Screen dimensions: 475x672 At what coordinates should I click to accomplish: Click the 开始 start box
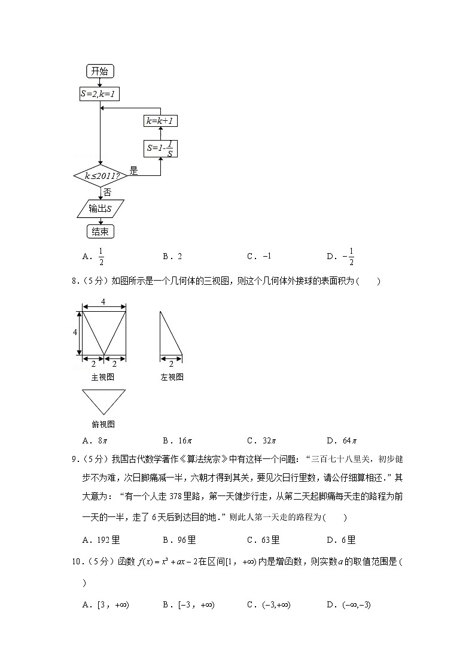pyautogui.click(x=100, y=71)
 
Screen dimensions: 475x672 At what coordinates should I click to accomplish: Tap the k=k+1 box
pyautogui.click(x=160, y=121)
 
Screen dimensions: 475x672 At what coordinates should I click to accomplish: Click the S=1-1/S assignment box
pyautogui.click(x=160, y=149)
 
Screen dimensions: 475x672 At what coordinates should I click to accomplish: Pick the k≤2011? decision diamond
pyautogui.click(x=100, y=176)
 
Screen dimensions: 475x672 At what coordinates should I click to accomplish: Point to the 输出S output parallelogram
pyautogui.click(x=100, y=208)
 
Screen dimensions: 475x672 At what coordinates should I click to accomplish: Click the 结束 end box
pyautogui.click(x=100, y=232)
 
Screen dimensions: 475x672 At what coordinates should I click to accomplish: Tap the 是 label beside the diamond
pyautogui.click(x=133, y=171)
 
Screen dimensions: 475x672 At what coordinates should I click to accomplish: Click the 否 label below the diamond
pyautogui.click(x=107, y=192)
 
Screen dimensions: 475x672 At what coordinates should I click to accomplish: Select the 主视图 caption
pyautogui.click(x=102, y=377)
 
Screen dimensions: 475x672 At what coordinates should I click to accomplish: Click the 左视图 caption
pyautogui.click(x=172, y=377)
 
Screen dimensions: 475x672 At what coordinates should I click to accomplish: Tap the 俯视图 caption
pyautogui.click(x=103, y=424)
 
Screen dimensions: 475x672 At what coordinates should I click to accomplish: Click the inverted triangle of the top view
pyautogui.click(x=103, y=400)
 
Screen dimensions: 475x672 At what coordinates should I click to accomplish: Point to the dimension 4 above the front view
pyautogui.click(x=103, y=302)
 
